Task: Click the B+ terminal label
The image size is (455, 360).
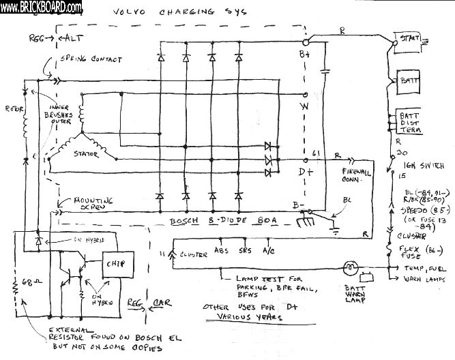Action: [304, 53]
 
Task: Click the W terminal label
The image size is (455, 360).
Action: [305, 107]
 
